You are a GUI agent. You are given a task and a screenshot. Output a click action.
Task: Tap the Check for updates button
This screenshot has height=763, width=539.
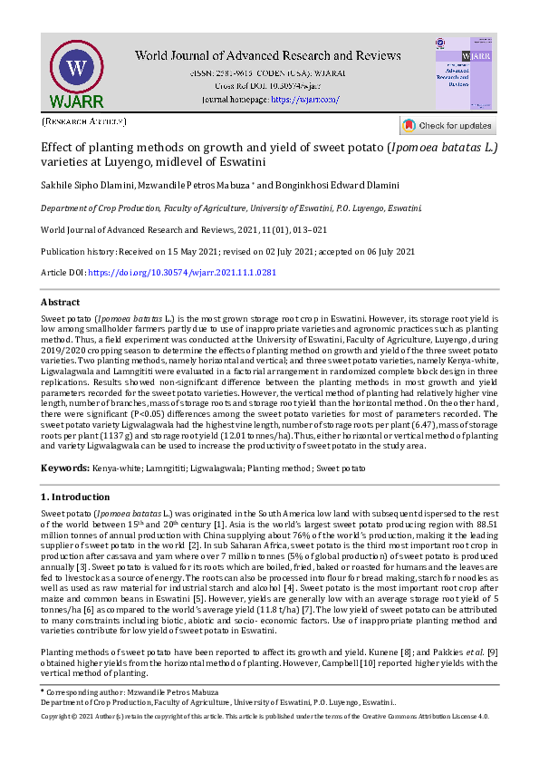click(x=448, y=126)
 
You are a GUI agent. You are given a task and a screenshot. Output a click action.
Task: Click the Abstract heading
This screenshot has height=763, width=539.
click(x=61, y=302)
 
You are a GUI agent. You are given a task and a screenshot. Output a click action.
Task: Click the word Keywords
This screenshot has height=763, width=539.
click(x=65, y=468)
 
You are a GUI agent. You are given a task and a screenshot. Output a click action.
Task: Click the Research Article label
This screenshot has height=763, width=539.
click(x=83, y=120)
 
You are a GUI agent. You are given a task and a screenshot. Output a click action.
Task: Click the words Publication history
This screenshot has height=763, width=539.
click(x=76, y=251)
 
